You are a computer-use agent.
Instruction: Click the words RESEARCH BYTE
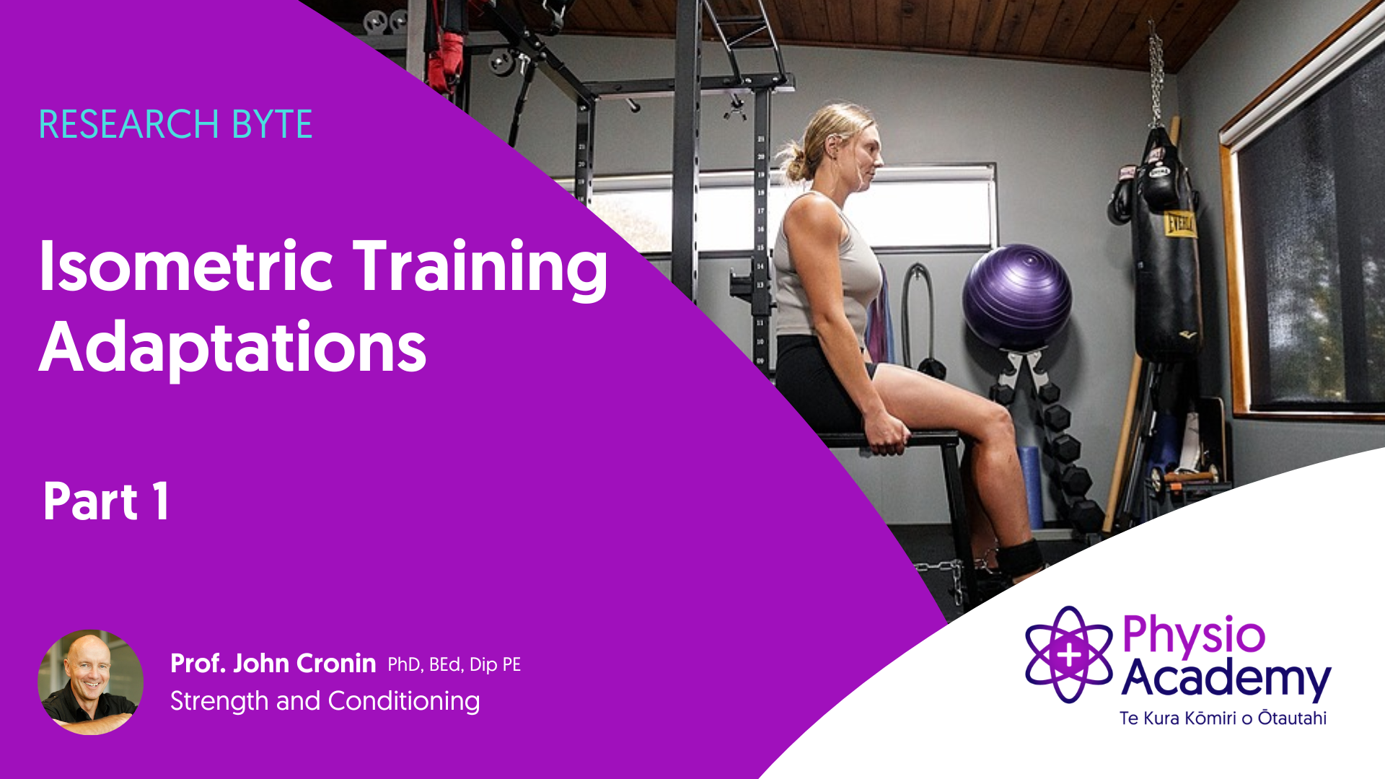(x=175, y=124)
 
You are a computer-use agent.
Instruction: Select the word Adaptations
(x=233, y=348)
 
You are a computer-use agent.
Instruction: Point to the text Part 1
(x=106, y=501)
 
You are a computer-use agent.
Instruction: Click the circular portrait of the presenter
(x=90, y=682)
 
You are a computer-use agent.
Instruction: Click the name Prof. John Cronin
(x=273, y=663)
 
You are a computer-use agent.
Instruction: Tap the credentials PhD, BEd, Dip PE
(x=454, y=664)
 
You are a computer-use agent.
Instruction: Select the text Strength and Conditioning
(x=325, y=701)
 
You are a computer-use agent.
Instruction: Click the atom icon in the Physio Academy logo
(x=1069, y=654)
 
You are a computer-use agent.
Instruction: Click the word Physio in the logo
(x=1194, y=635)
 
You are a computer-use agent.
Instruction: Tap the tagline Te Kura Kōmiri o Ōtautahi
(x=1223, y=718)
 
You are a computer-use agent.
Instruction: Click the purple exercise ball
(x=1017, y=296)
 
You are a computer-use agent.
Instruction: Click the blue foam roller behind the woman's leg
(x=1031, y=487)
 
